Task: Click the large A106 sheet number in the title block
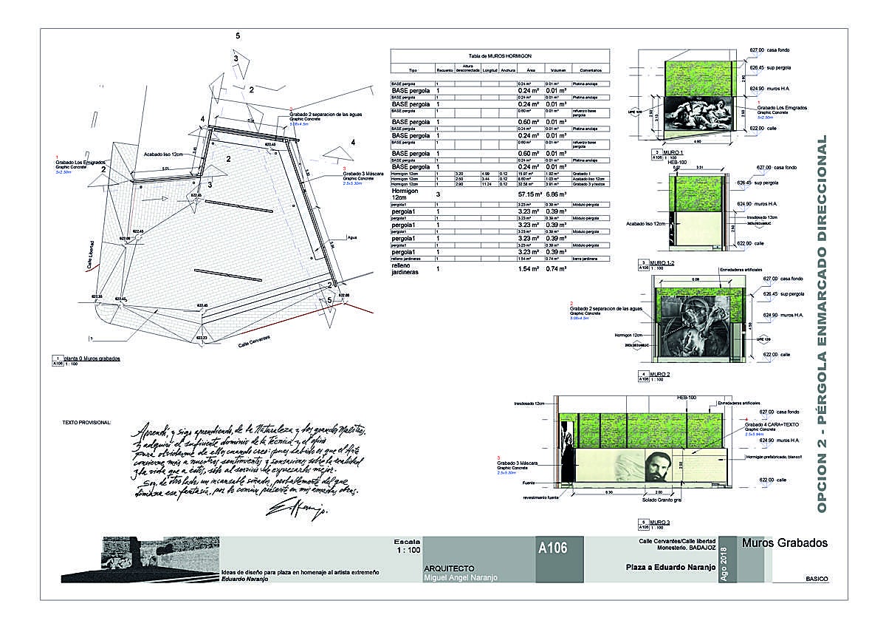coord(553,548)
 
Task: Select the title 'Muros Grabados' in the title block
coord(784,543)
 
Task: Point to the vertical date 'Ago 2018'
coord(723,565)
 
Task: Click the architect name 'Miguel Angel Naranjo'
coord(461,577)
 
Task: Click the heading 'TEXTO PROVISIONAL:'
coord(86,423)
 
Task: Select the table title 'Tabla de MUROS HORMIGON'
coord(501,56)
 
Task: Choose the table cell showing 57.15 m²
coord(529,193)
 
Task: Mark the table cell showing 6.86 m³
coord(555,193)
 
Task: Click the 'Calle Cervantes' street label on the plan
coord(254,341)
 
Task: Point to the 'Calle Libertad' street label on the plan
coord(92,254)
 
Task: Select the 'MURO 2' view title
coord(660,375)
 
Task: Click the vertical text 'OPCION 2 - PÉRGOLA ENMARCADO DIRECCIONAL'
coord(823,325)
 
